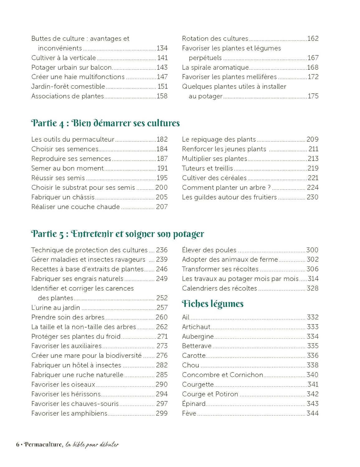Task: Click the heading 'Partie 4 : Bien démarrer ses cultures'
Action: tap(105, 123)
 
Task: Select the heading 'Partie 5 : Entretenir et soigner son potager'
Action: tap(117, 234)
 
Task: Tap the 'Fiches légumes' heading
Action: tap(212, 304)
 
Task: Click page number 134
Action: tap(162, 48)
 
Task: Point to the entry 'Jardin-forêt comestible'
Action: tap(68, 87)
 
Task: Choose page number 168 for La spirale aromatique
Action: tap(313, 68)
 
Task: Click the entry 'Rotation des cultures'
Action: tap(215, 39)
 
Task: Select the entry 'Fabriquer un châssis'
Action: tap(63, 197)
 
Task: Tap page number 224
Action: tap(313, 187)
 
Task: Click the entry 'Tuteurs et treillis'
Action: tap(207, 168)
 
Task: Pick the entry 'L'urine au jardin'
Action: tap(55, 308)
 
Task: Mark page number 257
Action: tap(162, 308)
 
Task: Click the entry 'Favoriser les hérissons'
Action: tap(66, 394)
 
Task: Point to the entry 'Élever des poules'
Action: tap(209, 250)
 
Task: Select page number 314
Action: tap(313, 279)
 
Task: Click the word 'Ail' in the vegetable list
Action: tap(186, 317)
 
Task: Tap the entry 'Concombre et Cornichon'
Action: tap(222, 375)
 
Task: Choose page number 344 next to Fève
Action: tap(313, 413)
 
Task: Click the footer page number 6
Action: tap(18, 445)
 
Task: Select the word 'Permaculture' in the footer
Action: tap(43, 445)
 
